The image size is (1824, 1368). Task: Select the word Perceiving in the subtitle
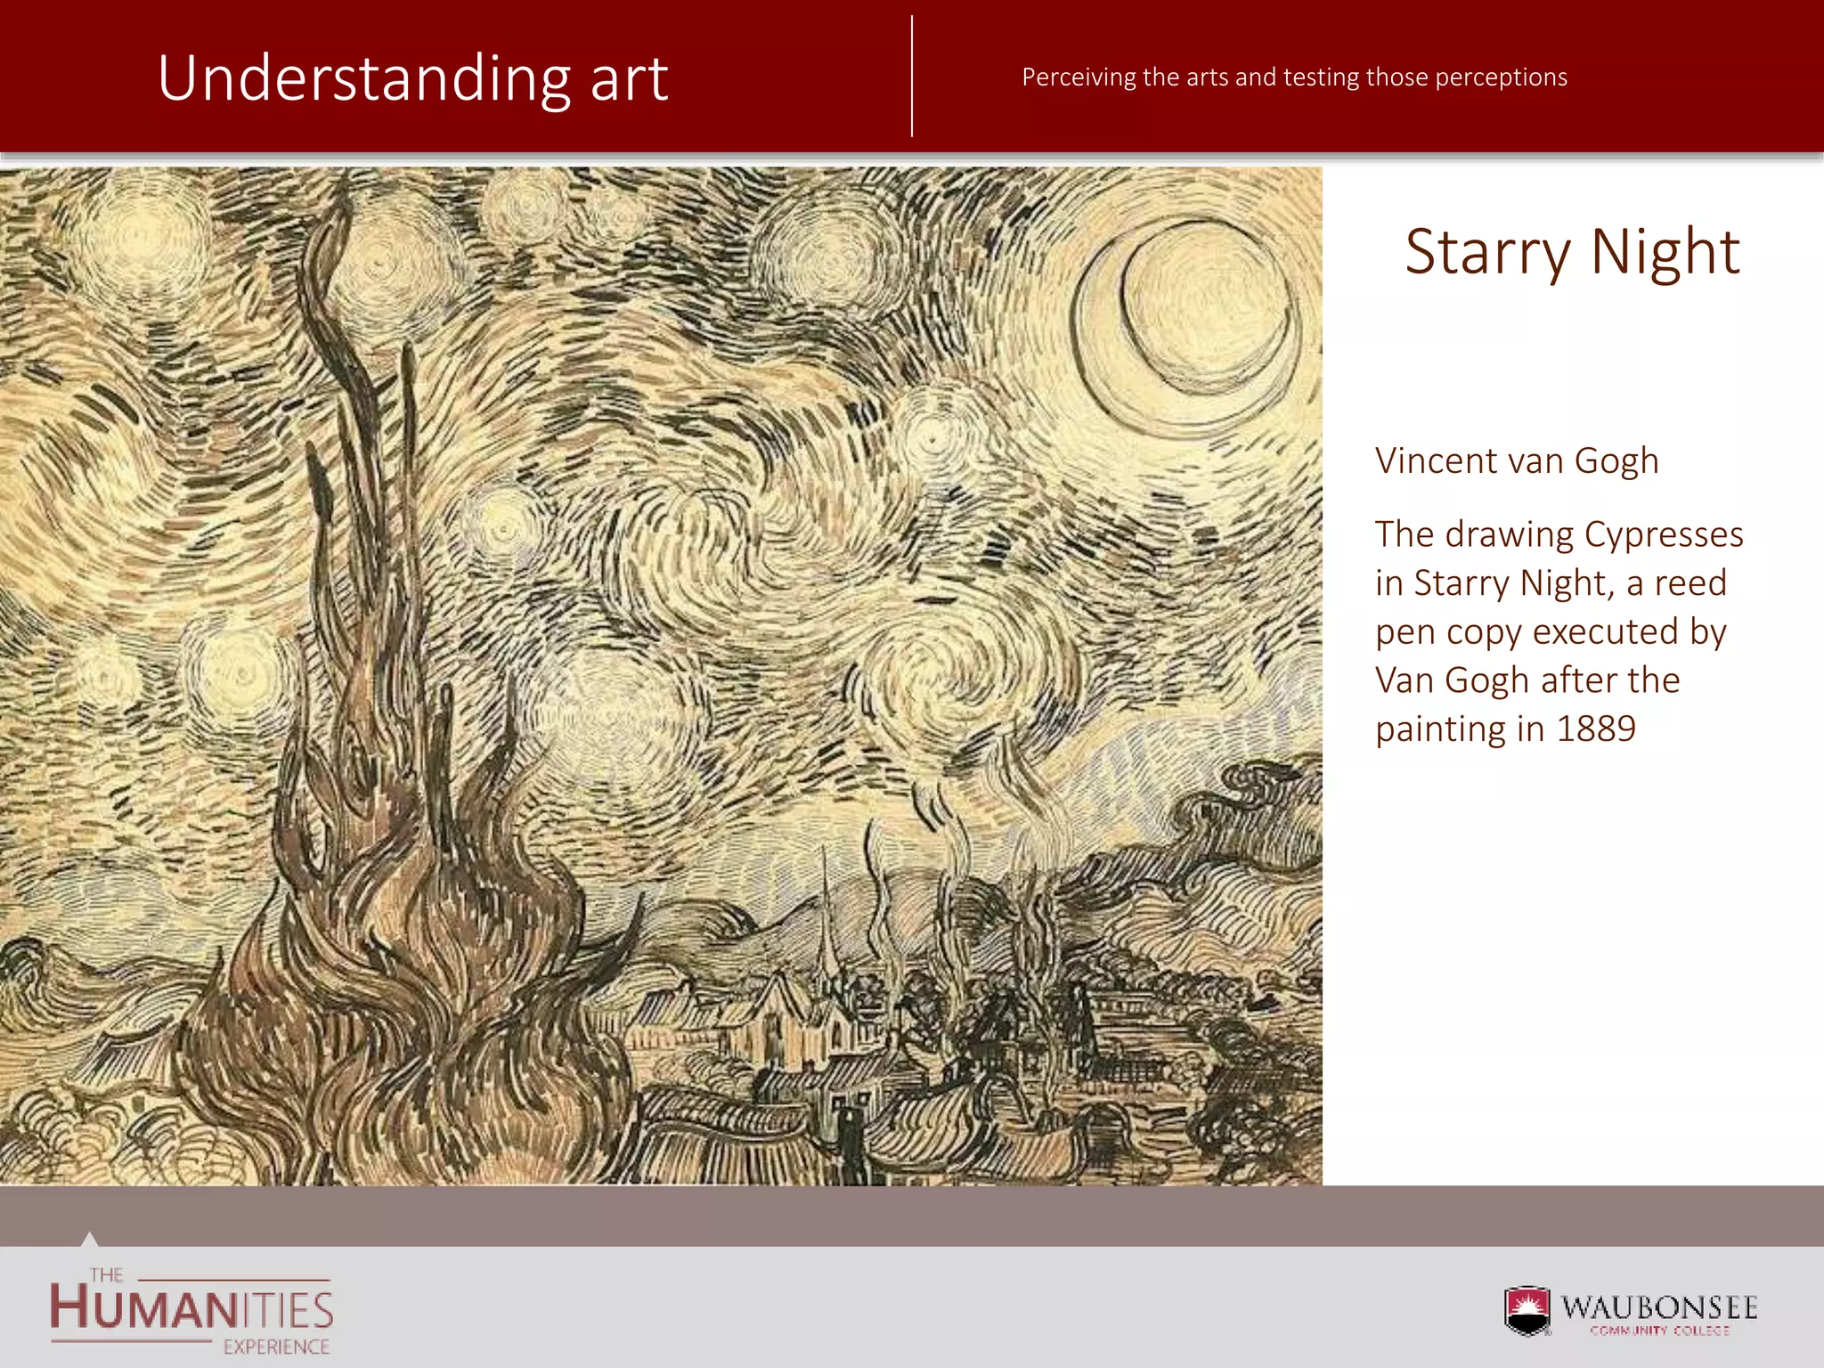pos(1079,77)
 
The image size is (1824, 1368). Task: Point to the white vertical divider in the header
pos(912,76)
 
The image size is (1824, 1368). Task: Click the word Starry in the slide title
pos(1488,252)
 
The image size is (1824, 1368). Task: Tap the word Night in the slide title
pos(1665,252)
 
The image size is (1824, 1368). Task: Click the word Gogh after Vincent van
pos(1616,461)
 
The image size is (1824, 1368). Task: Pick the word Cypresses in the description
pos(1664,534)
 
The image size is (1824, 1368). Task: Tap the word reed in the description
pos(1690,583)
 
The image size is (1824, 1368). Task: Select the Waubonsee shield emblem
pos(1527,1310)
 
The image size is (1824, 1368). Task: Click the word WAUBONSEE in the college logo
pos(1659,1307)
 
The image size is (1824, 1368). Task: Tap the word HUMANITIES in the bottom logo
pos(191,1309)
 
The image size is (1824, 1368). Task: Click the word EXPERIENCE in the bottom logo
pos(276,1347)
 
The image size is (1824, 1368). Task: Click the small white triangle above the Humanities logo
pos(88,1239)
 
